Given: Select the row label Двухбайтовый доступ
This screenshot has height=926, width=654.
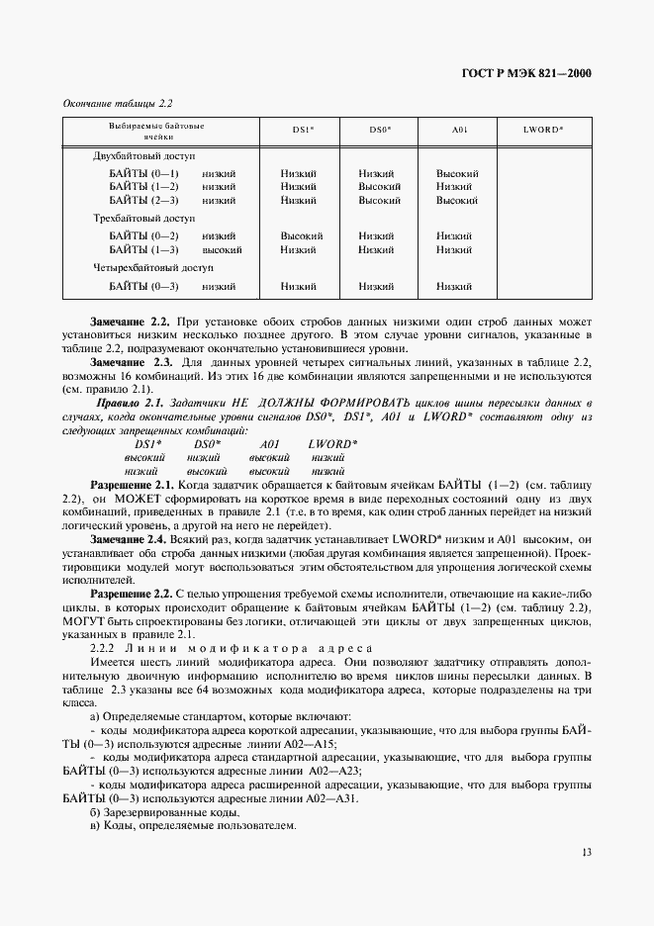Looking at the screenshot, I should [x=144, y=156].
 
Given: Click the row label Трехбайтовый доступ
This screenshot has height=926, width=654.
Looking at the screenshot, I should [x=143, y=219].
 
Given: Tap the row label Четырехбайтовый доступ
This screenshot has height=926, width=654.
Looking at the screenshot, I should [x=152, y=268].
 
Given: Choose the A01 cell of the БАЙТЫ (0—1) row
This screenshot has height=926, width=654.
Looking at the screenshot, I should [x=457, y=174].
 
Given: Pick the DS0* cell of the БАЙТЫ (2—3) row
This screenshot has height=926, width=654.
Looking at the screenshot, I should [x=379, y=200].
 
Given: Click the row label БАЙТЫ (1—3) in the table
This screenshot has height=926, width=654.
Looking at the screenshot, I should [x=143, y=250].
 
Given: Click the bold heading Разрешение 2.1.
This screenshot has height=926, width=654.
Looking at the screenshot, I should [x=132, y=486].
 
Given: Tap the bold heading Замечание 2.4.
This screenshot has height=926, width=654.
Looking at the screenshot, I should [x=131, y=539].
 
